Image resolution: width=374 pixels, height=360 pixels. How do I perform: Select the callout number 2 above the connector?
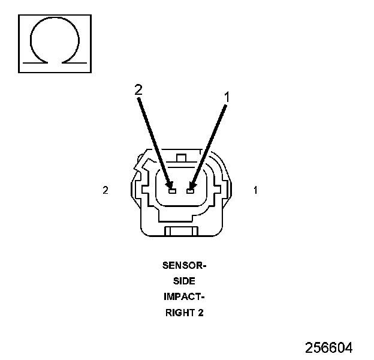coord(138,90)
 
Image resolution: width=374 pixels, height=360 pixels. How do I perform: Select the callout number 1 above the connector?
coord(227,95)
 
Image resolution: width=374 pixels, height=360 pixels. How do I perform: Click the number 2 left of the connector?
coord(105,190)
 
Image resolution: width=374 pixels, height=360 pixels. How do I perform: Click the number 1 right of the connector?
coord(256,190)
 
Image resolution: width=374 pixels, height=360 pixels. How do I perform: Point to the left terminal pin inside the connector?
coord(172,191)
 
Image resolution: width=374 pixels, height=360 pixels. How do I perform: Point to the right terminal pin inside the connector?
coord(190,191)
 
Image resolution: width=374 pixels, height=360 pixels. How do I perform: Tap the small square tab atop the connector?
coord(182,158)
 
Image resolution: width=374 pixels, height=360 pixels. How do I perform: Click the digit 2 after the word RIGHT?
coord(200,312)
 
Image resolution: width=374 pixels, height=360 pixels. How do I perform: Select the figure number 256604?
coord(328,347)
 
